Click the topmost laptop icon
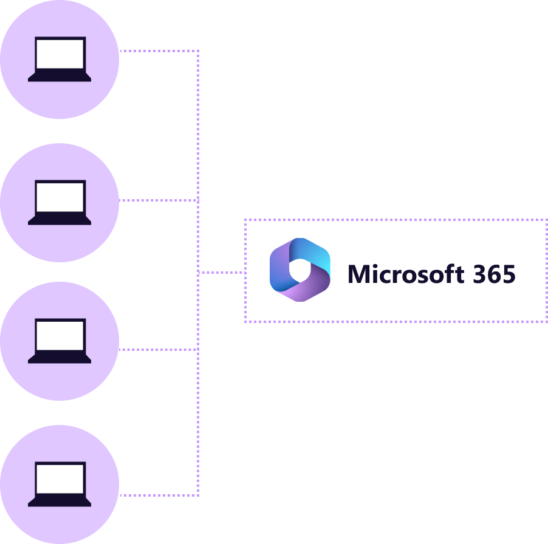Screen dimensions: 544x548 pos(60,59)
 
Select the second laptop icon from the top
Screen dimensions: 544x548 pos(60,202)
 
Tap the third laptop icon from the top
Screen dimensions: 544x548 pos(60,341)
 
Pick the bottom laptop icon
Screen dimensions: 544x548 pos(60,484)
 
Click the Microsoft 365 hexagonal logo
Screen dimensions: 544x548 pos(300,270)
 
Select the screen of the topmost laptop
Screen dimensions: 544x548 pos(60,54)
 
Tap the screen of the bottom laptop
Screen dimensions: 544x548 pos(60,479)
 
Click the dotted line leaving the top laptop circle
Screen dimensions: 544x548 pos(158,51)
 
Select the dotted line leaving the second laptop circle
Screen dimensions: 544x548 pos(158,200)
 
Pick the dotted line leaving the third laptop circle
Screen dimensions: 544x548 pos(158,349)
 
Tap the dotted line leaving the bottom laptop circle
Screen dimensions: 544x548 pos(158,495)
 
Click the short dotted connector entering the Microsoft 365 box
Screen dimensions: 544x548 pos(222,273)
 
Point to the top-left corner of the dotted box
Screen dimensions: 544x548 pos(245,220)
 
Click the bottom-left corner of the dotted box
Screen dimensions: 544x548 pos(245,321)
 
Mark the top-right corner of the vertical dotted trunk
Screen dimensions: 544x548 pos(198,51)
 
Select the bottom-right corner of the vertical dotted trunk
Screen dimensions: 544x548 pos(198,495)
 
